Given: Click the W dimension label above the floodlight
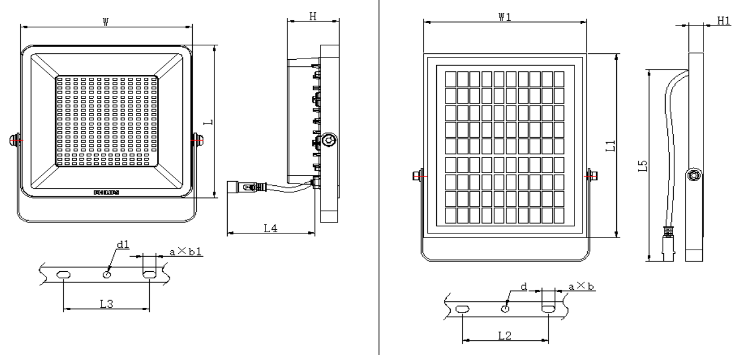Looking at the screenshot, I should tap(106, 21).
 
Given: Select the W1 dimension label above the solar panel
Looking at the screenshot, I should tap(504, 17).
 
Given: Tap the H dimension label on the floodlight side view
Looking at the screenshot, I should tap(312, 17).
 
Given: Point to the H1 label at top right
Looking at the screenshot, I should tap(723, 21).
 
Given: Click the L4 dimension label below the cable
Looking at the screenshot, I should tap(270, 228).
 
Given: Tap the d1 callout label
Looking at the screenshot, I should tap(123, 245).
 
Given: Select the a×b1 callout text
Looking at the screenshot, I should tap(185, 252).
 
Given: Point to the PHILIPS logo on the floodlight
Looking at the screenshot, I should tap(106, 192).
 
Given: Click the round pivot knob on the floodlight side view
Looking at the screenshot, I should tap(329, 139).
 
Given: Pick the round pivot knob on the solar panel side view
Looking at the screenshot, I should tap(694, 175).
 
